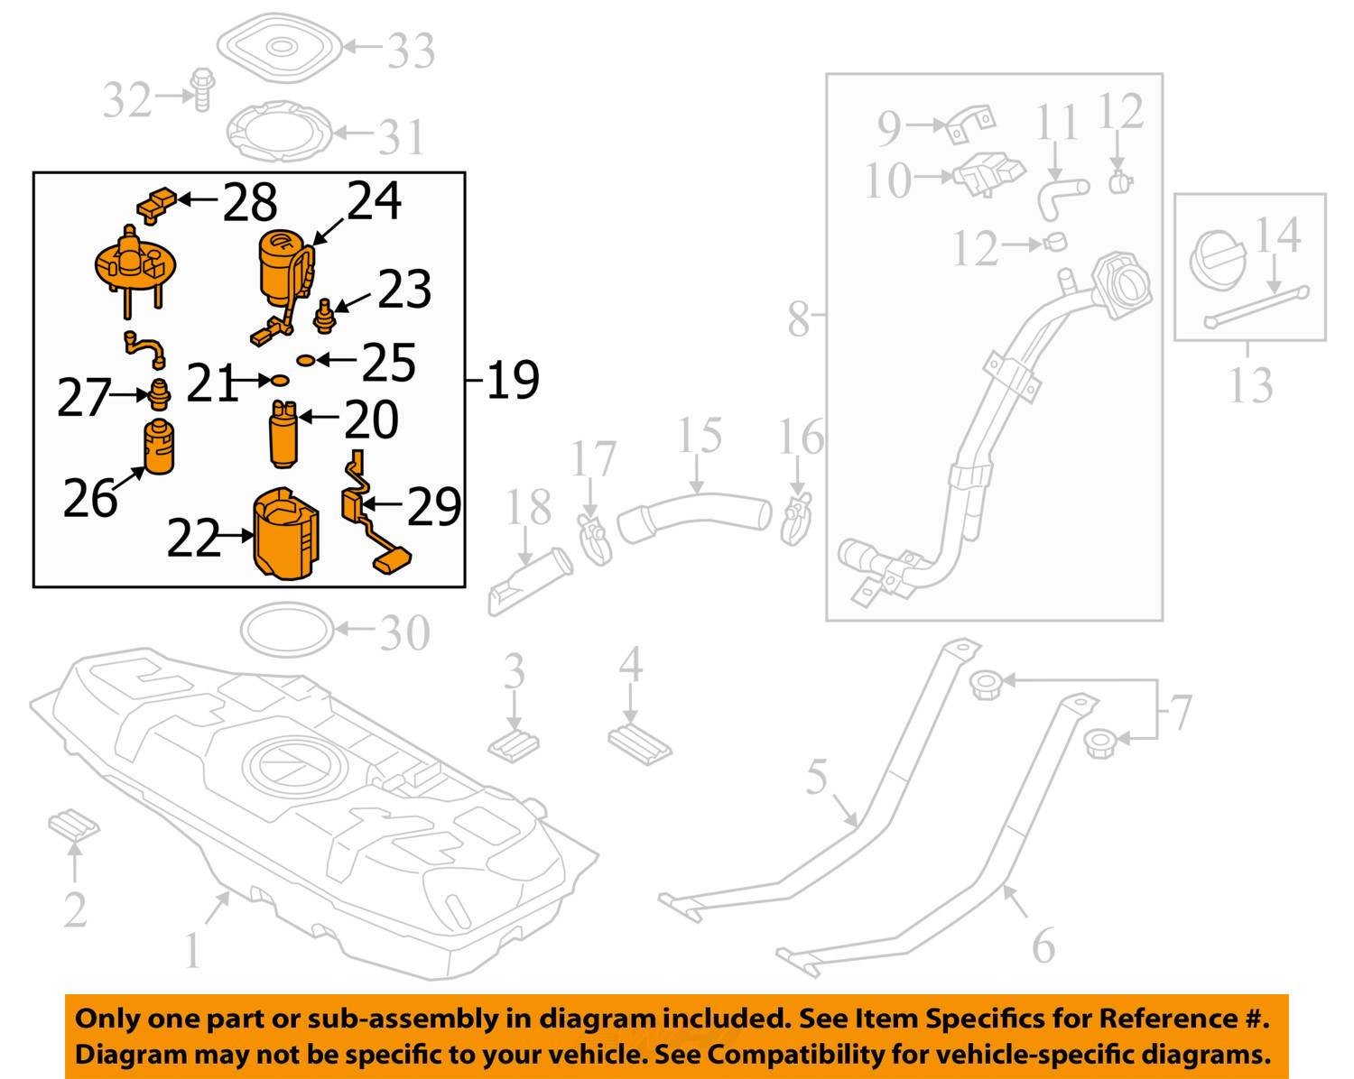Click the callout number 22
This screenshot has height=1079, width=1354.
(x=193, y=539)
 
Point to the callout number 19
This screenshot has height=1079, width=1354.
(x=513, y=380)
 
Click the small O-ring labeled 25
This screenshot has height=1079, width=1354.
(x=305, y=360)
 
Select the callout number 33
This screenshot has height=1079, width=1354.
(x=411, y=51)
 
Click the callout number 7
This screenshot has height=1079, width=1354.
(x=1181, y=713)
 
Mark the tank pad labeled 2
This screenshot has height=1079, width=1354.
(x=73, y=825)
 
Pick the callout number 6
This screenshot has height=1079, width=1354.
(x=1043, y=945)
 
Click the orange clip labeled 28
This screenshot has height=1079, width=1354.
(x=158, y=203)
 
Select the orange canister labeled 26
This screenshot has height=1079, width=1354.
(x=159, y=447)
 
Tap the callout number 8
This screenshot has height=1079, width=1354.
(x=798, y=318)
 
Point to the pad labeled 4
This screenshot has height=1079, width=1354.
(x=638, y=742)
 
